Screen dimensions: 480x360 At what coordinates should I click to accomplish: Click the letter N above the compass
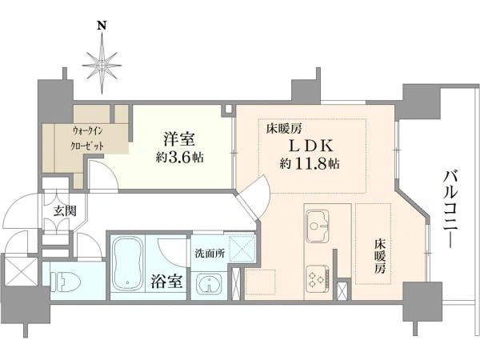102,25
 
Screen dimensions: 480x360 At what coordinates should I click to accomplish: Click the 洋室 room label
179,138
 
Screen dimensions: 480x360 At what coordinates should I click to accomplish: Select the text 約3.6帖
179,158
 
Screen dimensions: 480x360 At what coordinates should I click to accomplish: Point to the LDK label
311,146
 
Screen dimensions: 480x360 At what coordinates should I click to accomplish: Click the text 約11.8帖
310,164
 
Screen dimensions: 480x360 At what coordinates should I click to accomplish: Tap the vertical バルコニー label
451,209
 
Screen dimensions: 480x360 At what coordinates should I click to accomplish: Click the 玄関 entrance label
65,211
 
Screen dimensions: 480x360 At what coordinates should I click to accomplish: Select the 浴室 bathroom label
167,282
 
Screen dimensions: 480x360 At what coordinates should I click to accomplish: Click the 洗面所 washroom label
210,254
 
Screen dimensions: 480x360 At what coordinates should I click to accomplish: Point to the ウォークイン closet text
87,131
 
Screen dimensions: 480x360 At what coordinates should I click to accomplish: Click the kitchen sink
318,226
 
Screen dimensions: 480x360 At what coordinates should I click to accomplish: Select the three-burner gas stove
318,276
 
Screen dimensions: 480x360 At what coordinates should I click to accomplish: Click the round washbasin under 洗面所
209,283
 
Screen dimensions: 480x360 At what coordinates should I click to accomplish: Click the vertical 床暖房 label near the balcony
379,256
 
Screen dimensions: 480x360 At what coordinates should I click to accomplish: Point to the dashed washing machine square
242,249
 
